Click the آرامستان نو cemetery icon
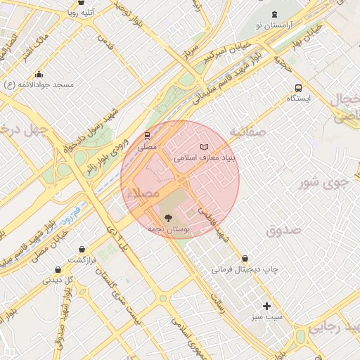pos(274,15)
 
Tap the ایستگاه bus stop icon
pos(299,89)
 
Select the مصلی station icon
pos(148,136)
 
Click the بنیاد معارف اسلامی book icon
pos(205,146)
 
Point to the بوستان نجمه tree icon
pos(166,218)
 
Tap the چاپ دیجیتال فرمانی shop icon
pos(245,259)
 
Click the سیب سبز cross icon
pos(266,306)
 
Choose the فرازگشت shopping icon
pos(83,249)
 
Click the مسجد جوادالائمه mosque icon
pos(39,75)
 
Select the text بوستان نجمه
pos(167,229)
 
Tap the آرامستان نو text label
pos(274,25)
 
